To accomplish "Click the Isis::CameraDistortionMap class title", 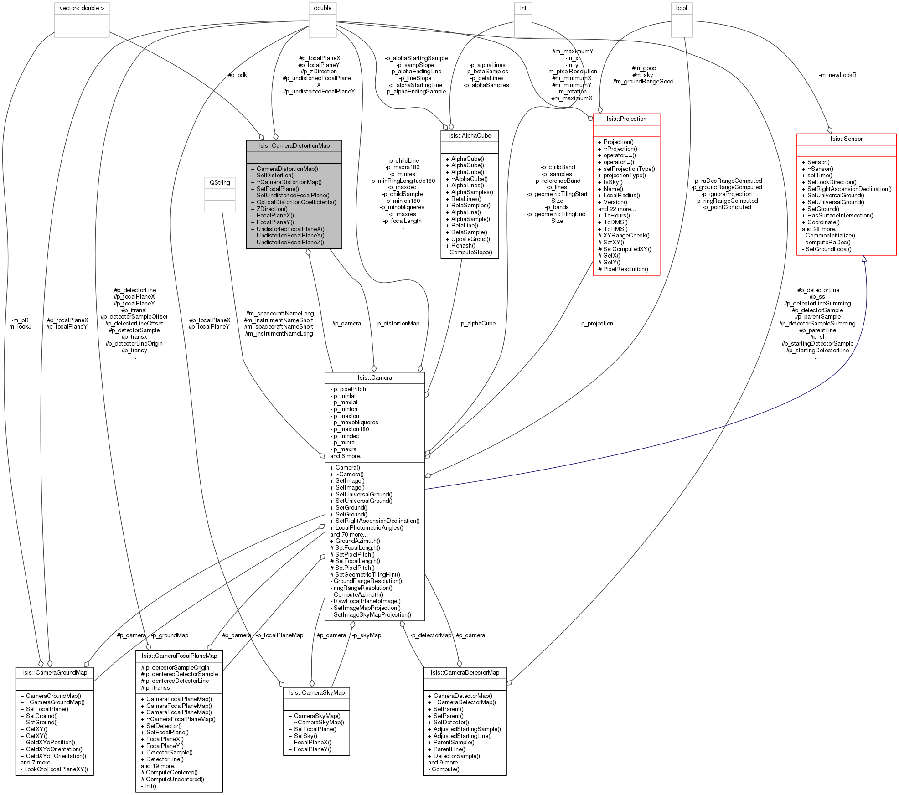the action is (x=294, y=146).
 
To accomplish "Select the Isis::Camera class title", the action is (x=375, y=378).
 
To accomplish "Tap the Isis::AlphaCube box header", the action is (x=470, y=136).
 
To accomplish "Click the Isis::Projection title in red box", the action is (x=626, y=119).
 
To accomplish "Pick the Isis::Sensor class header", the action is (x=846, y=139).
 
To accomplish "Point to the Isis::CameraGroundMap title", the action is (x=55, y=673).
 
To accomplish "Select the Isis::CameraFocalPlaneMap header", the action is (x=179, y=656).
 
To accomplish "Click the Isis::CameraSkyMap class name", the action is (x=316, y=693).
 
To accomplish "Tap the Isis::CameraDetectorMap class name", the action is (x=465, y=673).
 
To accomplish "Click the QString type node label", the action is (x=220, y=183).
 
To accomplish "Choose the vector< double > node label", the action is (x=82, y=8).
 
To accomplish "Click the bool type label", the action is (x=682, y=8).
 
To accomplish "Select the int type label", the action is (x=523, y=8).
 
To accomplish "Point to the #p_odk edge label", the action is (x=238, y=75).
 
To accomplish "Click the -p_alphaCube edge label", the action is (x=477, y=324).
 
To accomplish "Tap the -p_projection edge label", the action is (x=596, y=324).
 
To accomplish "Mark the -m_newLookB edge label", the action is (x=837, y=75).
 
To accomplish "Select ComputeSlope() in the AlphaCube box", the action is (x=469, y=253).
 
